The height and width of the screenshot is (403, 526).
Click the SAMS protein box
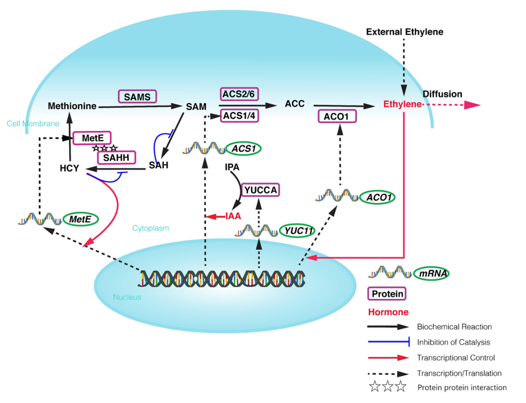[137, 96]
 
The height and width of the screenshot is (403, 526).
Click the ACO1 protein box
[337, 116]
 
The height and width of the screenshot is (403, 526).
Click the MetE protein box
[92, 138]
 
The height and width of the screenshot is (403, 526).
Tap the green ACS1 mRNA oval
[243, 148]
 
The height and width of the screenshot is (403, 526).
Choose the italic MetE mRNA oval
[80, 219]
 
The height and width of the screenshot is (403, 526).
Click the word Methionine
[72, 106]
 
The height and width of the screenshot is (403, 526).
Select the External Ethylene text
[404, 32]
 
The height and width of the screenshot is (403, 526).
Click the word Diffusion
[442, 94]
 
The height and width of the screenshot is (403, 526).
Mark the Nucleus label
[127, 297]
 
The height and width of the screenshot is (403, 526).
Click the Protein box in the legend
[387, 294]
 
